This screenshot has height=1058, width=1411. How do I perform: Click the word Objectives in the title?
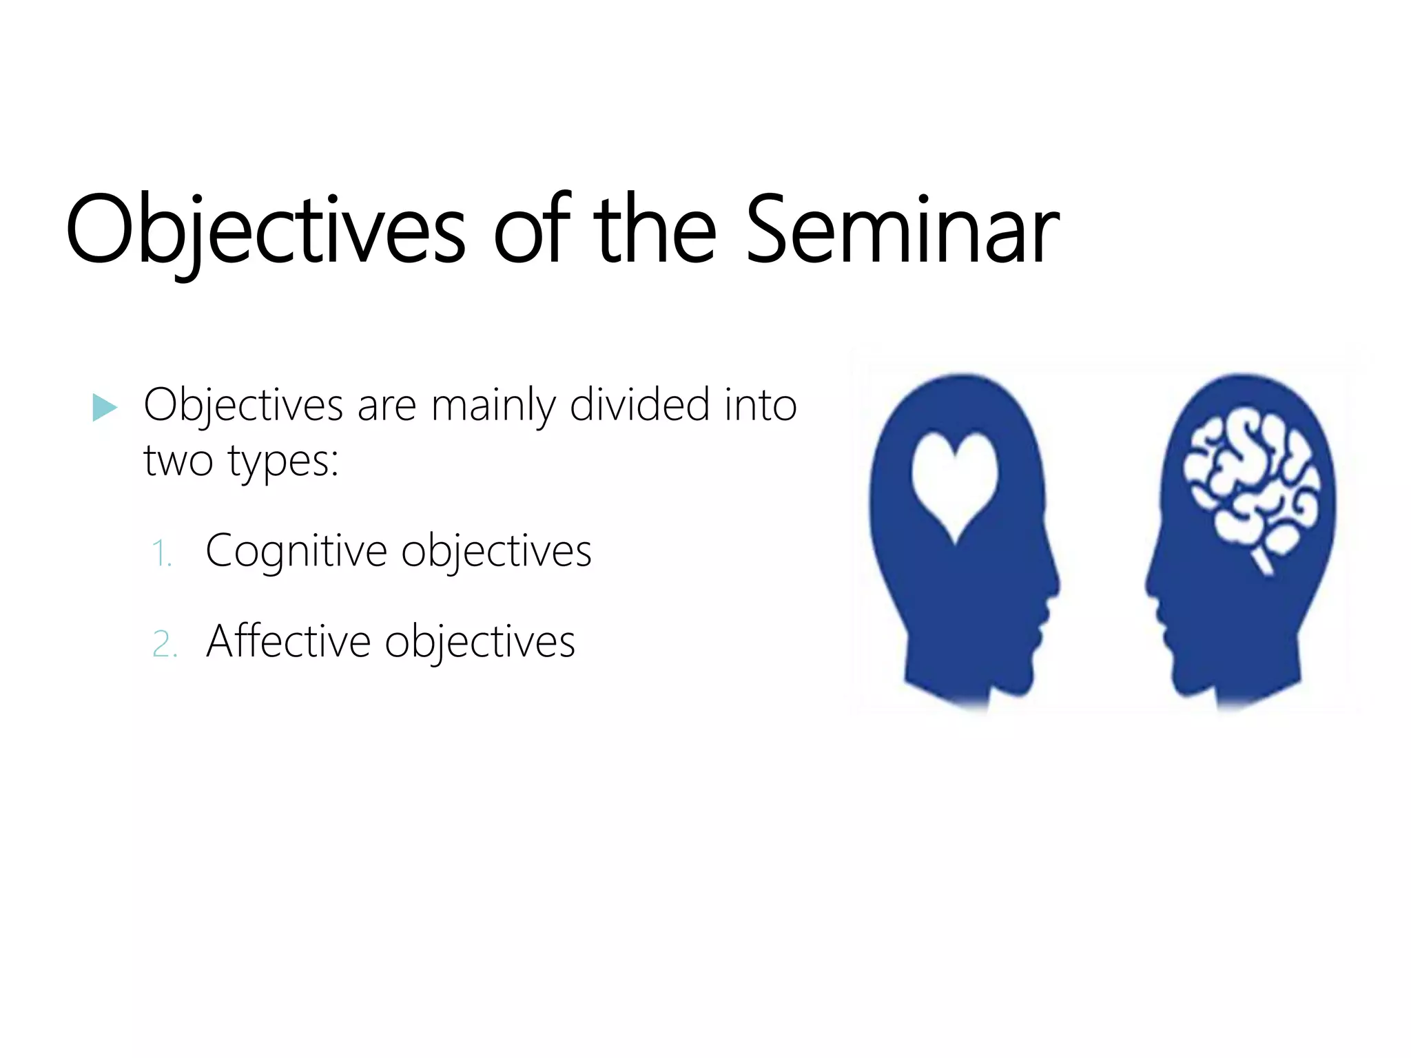(x=265, y=230)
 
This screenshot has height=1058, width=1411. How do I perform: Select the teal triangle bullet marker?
(x=104, y=408)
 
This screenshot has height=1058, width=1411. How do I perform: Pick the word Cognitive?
(x=296, y=551)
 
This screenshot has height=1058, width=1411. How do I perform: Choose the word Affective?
(x=288, y=642)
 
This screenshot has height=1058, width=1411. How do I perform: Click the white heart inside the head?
(x=954, y=482)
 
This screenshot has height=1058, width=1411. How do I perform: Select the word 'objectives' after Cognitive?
(x=496, y=551)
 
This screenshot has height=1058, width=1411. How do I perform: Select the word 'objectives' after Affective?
(x=480, y=642)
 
